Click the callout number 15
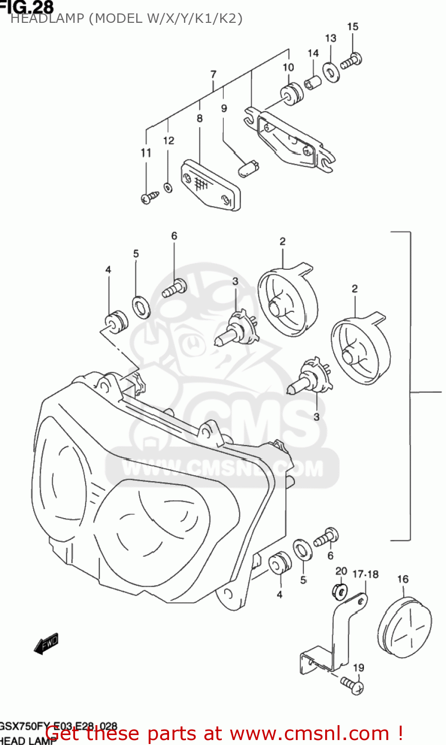click(x=353, y=27)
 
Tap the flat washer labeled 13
click(x=331, y=72)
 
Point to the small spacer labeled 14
click(x=313, y=82)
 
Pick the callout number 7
click(x=213, y=74)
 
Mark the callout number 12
click(x=169, y=141)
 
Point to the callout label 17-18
click(x=365, y=574)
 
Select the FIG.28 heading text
click(x=27, y=6)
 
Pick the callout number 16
click(x=403, y=579)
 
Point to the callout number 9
click(x=224, y=108)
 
